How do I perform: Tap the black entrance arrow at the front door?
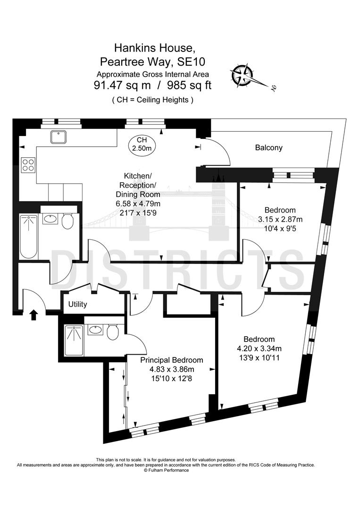tap(33, 314)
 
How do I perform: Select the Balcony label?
tap(268, 148)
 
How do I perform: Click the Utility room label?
tap(77, 305)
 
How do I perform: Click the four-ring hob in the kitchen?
tap(28, 164)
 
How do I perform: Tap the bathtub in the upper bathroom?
tap(29, 236)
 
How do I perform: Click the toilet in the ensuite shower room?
tap(112, 332)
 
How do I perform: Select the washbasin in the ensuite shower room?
tap(96, 330)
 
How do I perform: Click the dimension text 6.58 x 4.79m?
tap(138, 203)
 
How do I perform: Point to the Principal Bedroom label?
tap(172, 360)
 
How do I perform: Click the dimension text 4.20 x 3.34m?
tap(259, 348)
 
